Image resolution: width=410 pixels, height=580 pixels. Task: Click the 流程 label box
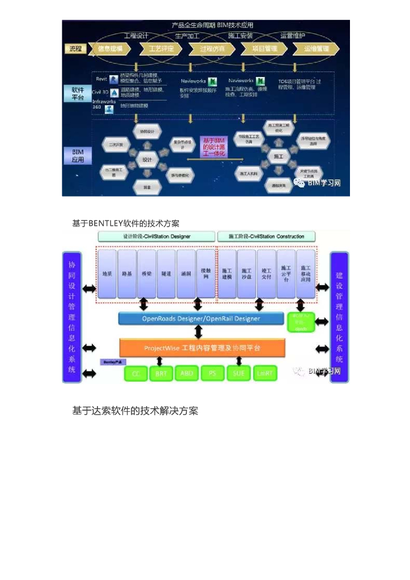[x=76, y=49]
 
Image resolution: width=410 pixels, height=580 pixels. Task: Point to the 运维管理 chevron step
[x=316, y=49]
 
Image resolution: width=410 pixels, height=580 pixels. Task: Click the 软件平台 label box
[x=78, y=93]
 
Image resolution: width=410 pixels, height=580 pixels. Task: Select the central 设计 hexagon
[x=147, y=160]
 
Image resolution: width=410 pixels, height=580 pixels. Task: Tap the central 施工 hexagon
[x=278, y=156]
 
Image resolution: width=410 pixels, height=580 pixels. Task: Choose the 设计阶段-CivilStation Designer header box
[x=157, y=236]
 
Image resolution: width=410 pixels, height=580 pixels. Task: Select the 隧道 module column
[x=166, y=274]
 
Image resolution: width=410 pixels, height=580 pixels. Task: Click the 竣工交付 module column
[x=266, y=274]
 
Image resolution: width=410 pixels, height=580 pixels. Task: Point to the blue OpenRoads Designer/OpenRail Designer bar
[x=201, y=319]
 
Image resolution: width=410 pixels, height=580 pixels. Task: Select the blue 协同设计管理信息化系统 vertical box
[x=72, y=317]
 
